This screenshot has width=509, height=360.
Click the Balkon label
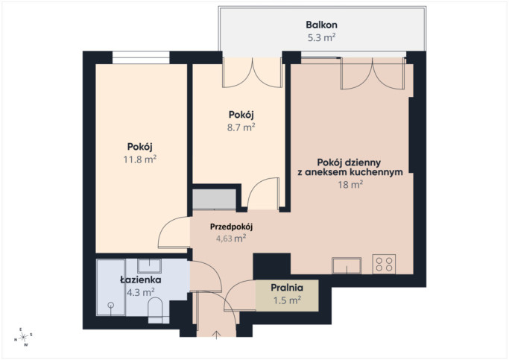[x=321, y=25]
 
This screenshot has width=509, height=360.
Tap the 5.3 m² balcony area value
[x=321, y=38]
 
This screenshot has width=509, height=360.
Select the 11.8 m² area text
[x=140, y=160]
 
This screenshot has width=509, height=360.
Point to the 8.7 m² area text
[x=241, y=127]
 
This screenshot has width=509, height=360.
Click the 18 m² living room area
[x=350, y=185]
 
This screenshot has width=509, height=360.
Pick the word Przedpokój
[x=231, y=227]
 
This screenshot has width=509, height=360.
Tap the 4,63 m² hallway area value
[x=231, y=239]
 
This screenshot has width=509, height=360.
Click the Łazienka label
[x=141, y=280]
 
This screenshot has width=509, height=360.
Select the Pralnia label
[x=287, y=288]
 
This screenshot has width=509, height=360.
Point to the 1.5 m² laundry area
[x=287, y=300]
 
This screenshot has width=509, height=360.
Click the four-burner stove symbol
[x=384, y=264]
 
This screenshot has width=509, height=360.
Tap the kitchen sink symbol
[x=347, y=265]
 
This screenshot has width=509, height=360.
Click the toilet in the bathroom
[x=155, y=309]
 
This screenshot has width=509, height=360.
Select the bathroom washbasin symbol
[x=149, y=266]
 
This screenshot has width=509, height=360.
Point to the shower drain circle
[x=111, y=305]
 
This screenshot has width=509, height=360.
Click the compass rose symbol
[x=23, y=338]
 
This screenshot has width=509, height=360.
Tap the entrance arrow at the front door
[x=217, y=335]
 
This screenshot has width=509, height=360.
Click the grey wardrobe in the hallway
[x=214, y=199]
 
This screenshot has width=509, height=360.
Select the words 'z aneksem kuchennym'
[x=350, y=172]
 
